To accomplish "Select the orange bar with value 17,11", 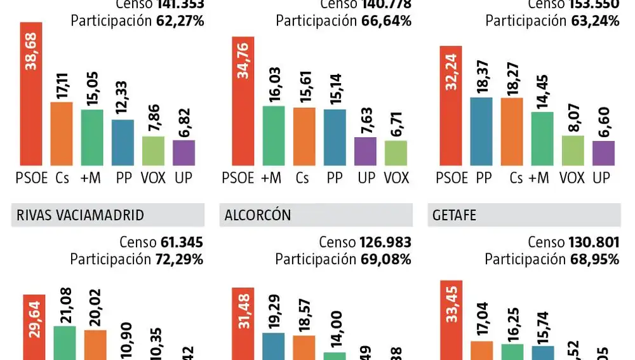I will click(62, 133).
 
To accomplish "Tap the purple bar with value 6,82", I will click(184, 152).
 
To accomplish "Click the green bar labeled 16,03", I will click(274, 135).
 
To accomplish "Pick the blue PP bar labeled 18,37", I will click(481, 131).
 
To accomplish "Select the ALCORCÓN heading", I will click(258, 215).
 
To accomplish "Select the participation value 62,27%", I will click(180, 21).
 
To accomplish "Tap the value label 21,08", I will click(64, 306).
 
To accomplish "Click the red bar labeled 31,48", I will click(243, 324).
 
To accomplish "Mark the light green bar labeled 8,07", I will click(572, 150).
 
